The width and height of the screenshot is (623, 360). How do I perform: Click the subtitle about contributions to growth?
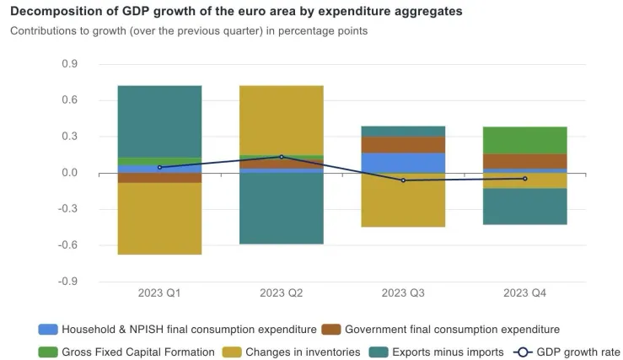[x=189, y=31]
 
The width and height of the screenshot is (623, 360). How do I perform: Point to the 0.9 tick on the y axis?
[x=70, y=64]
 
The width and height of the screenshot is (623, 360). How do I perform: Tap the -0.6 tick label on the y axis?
[x=68, y=245]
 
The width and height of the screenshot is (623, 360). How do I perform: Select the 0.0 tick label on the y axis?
[x=70, y=173]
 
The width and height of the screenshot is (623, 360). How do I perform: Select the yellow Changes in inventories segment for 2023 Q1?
[x=160, y=218]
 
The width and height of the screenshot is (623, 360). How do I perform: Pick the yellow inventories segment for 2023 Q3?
[x=404, y=200]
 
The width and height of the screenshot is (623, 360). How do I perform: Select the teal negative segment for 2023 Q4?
[x=525, y=207]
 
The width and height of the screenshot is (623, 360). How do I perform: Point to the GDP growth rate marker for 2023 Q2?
[x=282, y=157]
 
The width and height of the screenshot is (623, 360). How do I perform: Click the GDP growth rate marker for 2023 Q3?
[x=404, y=180]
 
